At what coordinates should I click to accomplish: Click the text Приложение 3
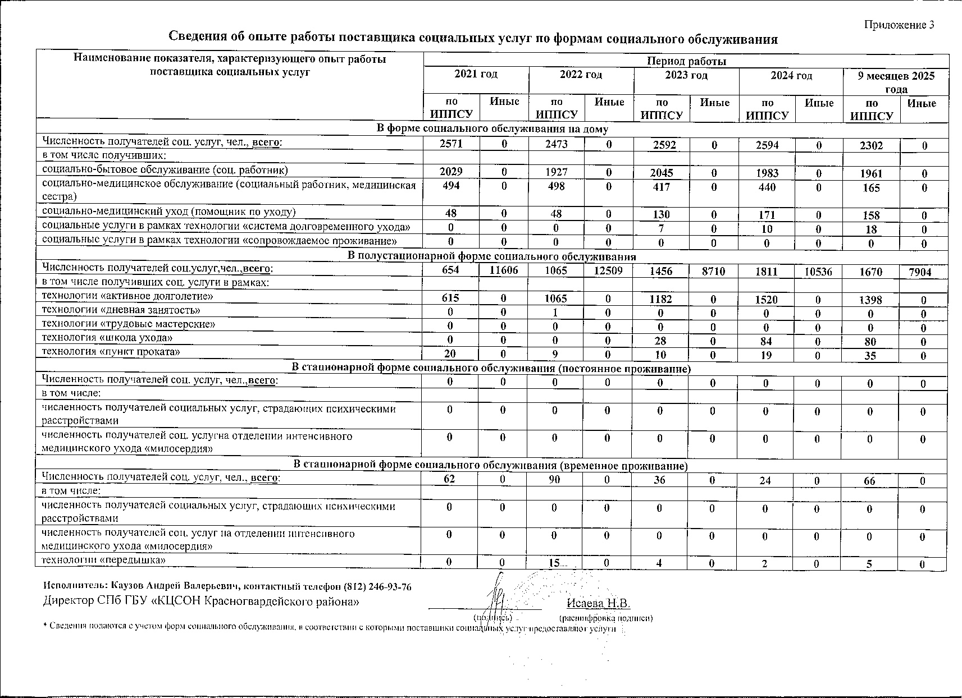click(x=899, y=25)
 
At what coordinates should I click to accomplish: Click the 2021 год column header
click(x=476, y=74)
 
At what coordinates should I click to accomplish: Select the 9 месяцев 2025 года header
click(x=896, y=82)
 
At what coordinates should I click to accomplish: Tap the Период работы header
click(x=686, y=61)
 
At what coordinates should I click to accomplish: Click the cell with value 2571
click(x=452, y=144)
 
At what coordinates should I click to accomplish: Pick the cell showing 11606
click(x=504, y=271)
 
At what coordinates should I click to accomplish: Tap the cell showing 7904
click(x=923, y=272)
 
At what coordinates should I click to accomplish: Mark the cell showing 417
click(x=662, y=187)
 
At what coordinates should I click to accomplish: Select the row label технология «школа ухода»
click(x=107, y=338)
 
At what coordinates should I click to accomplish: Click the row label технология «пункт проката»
click(x=111, y=352)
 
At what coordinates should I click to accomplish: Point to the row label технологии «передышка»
click(x=104, y=560)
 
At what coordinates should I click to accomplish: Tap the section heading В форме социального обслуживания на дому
click(x=492, y=129)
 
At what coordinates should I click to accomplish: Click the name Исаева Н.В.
click(x=599, y=603)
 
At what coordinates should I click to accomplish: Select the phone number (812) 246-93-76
click(x=375, y=587)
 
